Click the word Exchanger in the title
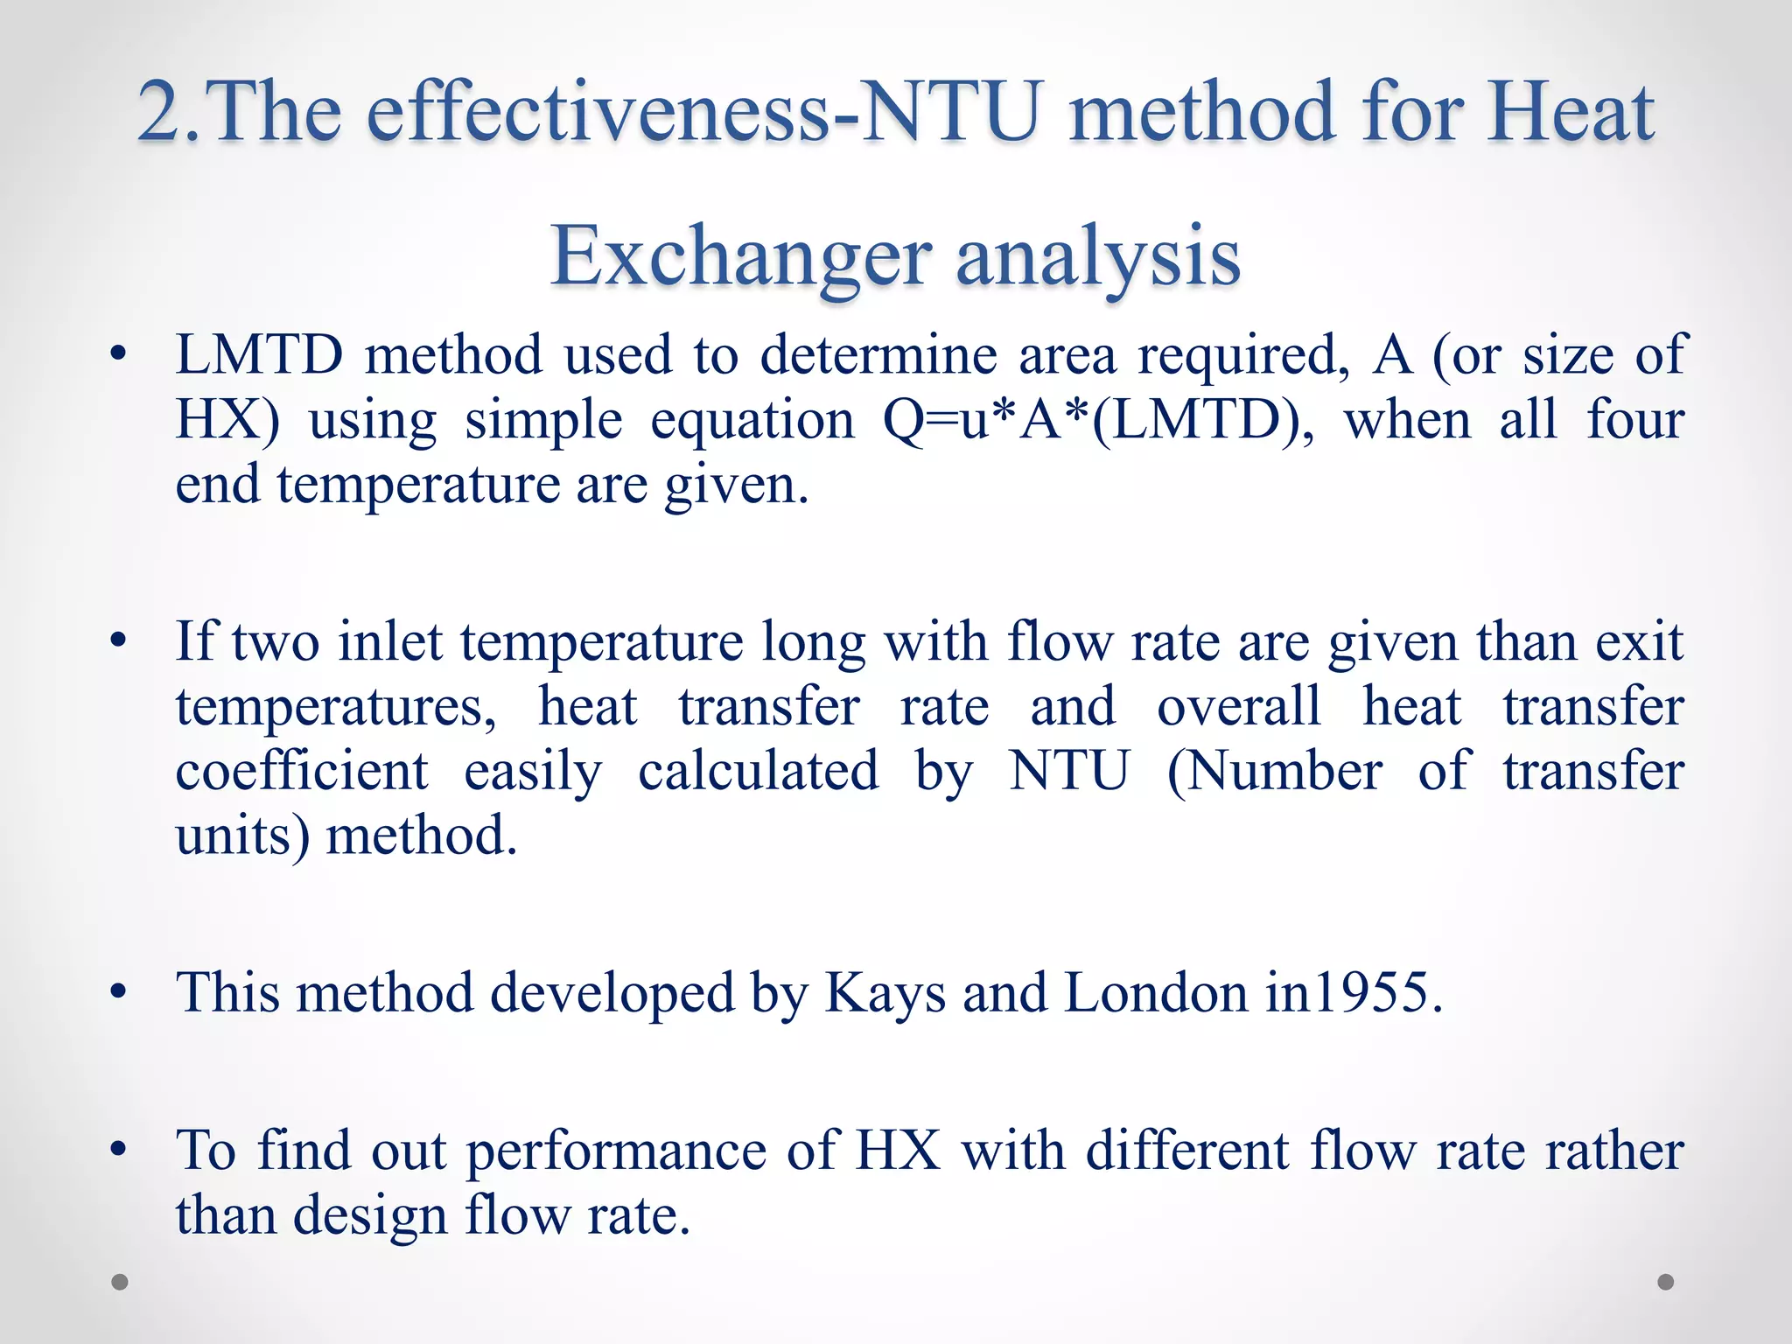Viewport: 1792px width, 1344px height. pyautogui.click(x=740, y=256)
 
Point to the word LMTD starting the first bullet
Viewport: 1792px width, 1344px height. pyautogui.click(x=259, y=355)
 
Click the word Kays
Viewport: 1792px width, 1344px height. pyautogui.click(x=885, y=993)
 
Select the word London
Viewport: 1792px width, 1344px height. pyautogui.click(x=1156, y=993)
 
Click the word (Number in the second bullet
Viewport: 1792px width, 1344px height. pyautogui.click(x=1275, y=772)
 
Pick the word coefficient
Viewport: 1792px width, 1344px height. pyautogui.click(x=302, y=772)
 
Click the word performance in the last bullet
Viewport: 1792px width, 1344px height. pyautogui.click(x=616, y=1151)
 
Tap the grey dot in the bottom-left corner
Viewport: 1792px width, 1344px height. pyautogui.click(x=120, y=1282)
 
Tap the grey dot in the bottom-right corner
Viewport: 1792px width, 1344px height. pyautogui.click(x=1666, y=1282)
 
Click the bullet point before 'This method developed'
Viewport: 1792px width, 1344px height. pyautogui.click(x=119, y=993)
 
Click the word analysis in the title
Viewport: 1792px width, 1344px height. pyautogui.click(x=1098, y=256)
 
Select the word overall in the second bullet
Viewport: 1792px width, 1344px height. pyautogui.click(x=1239, y=707)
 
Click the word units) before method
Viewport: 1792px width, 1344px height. pyautogui.click(x=242, y=836)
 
